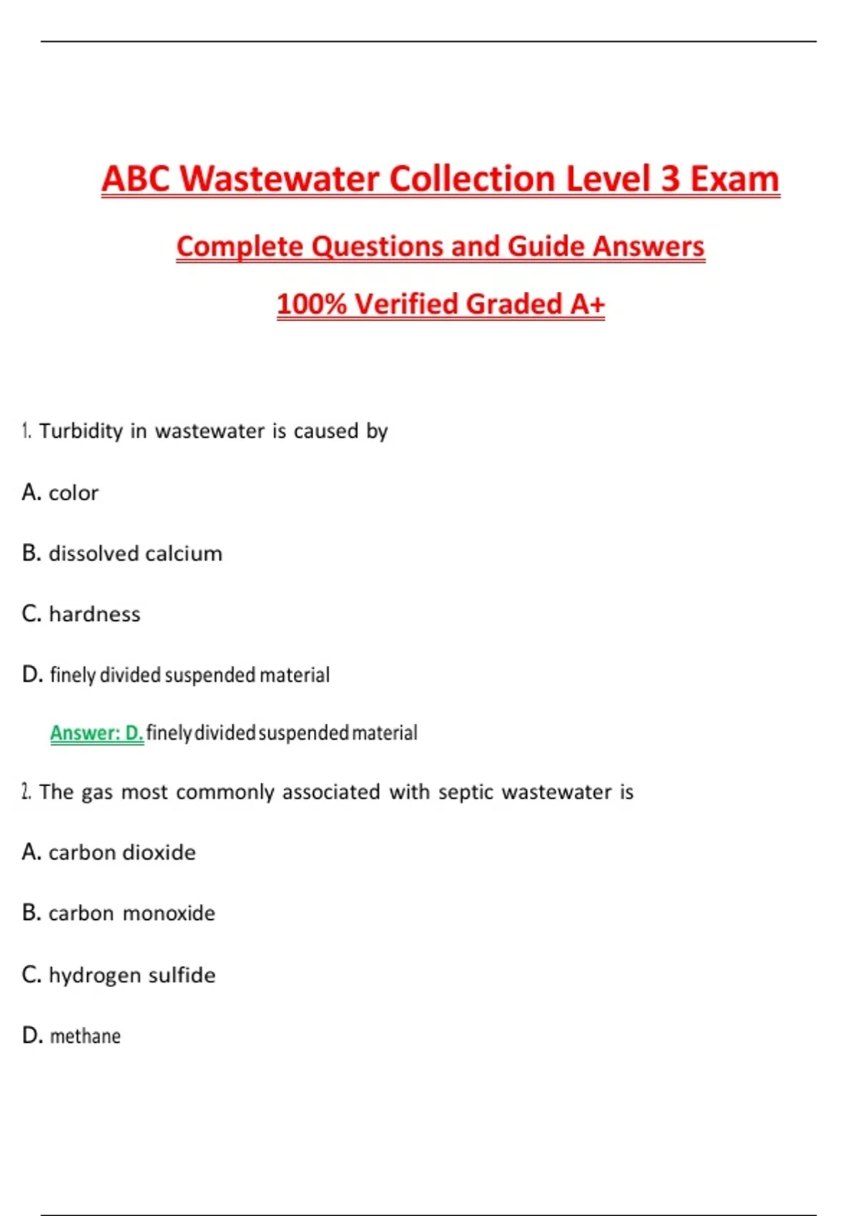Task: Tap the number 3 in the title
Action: pyautogui.click(x=670, y=179)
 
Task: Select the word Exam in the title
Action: pyautogui.click(x=734, y=179)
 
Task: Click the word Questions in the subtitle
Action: pyautogui.click(x=378, y=247)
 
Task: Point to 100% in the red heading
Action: pyautogui.click(x=311, y=304)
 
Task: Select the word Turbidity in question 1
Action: pyautogui.click(x=81, y=431)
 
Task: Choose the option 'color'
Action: pyautogui.click(x=73, y=493)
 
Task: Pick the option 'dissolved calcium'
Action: pyautogui.click(x=135, y=554)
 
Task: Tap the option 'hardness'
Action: pyautogui.click(x=94, y=614)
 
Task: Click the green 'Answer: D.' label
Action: pyautogui.click(x=97, y=733)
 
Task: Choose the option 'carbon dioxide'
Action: pyautogui.click(x=122, y=853)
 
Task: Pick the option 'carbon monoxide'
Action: pyautogui.click(x=132, y=913)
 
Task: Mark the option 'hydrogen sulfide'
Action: pyautogui.click(x=132, y=975)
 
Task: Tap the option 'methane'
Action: pyautogui.click(x=85, y=1036)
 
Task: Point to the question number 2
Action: pyautogui.click(x=26, y=792)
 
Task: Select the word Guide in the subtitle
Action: pyautogui.click(x=546, y=247)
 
